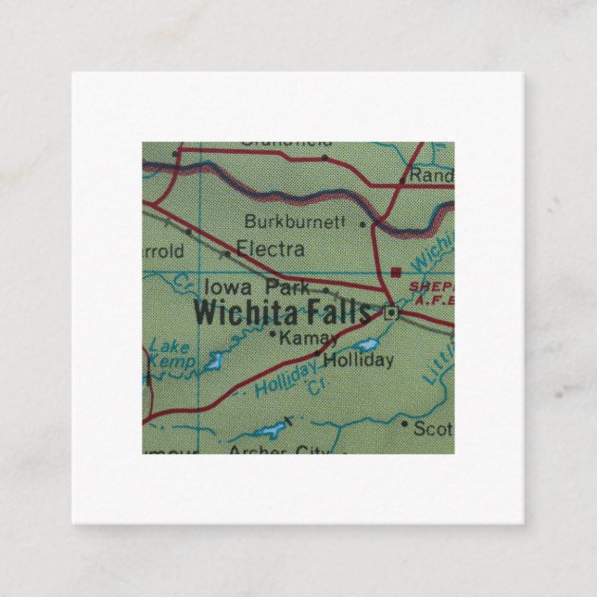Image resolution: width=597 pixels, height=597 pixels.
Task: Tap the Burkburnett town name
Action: coord(294,222)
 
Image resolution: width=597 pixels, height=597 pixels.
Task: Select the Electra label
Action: coord(271,248)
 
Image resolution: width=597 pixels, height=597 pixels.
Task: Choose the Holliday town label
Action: coord(361,360)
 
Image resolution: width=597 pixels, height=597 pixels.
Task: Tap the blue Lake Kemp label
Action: coord(168,354)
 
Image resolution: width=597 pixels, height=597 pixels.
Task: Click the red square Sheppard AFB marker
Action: coord(396,273)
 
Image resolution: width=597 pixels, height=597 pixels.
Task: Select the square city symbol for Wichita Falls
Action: coord(392,314)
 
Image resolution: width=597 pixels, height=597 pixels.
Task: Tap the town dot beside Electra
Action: coord(226,252)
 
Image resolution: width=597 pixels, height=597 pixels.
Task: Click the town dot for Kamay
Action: coord(273,334)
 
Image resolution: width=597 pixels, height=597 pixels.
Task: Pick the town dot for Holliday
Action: coord(318,353)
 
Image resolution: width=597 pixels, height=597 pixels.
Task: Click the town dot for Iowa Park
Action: coord(324,289)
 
